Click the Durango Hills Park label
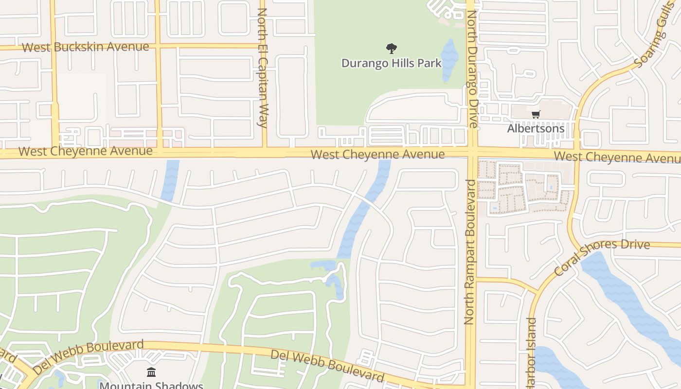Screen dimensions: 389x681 [x=391, y=63]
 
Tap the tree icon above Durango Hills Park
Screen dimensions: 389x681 [x=391, y=49]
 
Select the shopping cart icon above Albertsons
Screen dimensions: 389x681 [x=536, y=115]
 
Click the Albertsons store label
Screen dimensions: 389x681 [x=536, y=128]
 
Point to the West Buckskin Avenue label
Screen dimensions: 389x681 [x=86, y=47]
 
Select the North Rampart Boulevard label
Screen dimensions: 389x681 [x=469, y=252]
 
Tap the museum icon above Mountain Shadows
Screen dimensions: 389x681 [x=151, y=372]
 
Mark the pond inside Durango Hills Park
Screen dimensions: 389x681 [x=449, y=59]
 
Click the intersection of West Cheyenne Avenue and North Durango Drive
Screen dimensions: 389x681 [x=471, y=152]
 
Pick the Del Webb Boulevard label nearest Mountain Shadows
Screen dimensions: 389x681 [x=89, y=356]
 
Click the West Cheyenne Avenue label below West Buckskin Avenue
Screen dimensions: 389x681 [x=86, y=151]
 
